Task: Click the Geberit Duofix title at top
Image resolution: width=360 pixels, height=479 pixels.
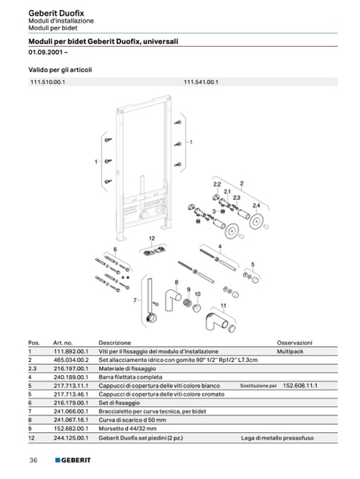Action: (56, 13)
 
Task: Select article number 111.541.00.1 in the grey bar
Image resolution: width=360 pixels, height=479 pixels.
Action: (201, 82)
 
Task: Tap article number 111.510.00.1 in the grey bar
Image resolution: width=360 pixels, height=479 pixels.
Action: (47, 82)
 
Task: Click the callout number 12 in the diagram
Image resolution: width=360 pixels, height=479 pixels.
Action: (152, 238)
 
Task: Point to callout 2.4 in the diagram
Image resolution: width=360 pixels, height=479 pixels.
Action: (256, 206)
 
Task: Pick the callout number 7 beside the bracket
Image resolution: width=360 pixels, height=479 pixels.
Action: (135, 300)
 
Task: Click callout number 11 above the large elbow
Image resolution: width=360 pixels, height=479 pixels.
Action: (224, 305)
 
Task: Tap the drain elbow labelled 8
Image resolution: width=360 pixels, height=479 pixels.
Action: (172, 300)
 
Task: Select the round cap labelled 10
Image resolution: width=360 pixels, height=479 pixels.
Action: (197, 308)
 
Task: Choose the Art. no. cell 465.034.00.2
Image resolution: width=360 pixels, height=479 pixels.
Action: (71, 360)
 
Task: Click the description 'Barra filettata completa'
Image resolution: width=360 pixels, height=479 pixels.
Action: (131, 377)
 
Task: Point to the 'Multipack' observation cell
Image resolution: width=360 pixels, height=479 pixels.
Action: (290, 351)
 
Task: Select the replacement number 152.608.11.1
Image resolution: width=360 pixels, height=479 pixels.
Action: (300, 386)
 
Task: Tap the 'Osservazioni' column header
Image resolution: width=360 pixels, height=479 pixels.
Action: (294, 343)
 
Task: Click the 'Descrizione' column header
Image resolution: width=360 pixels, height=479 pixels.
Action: (115, 343)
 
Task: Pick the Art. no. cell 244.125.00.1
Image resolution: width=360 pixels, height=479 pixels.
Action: (71, 438)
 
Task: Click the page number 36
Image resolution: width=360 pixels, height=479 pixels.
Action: (33, 460)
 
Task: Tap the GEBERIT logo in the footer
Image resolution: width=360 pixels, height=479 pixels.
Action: (73, 460)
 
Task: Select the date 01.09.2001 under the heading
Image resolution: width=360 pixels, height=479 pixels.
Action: (46, 52)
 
